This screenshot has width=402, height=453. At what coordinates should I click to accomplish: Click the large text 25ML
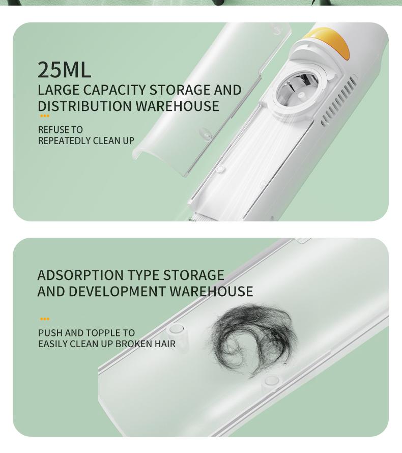pyautogui.click(x=64, y=70)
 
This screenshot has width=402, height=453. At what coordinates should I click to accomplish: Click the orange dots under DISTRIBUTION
pyautogui.click(x=45, y=117)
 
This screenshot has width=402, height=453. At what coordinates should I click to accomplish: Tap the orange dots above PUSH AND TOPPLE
pyautogui.click(x=45, y=319)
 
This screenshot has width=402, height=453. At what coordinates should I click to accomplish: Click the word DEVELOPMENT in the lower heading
pyautogui.click(x=117, y=291)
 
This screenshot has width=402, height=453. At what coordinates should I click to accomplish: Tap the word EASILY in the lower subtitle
pyautogui.click(x=53, y=344)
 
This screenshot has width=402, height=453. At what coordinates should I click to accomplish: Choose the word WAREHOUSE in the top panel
pyautogui.click(x=177, y=106)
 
